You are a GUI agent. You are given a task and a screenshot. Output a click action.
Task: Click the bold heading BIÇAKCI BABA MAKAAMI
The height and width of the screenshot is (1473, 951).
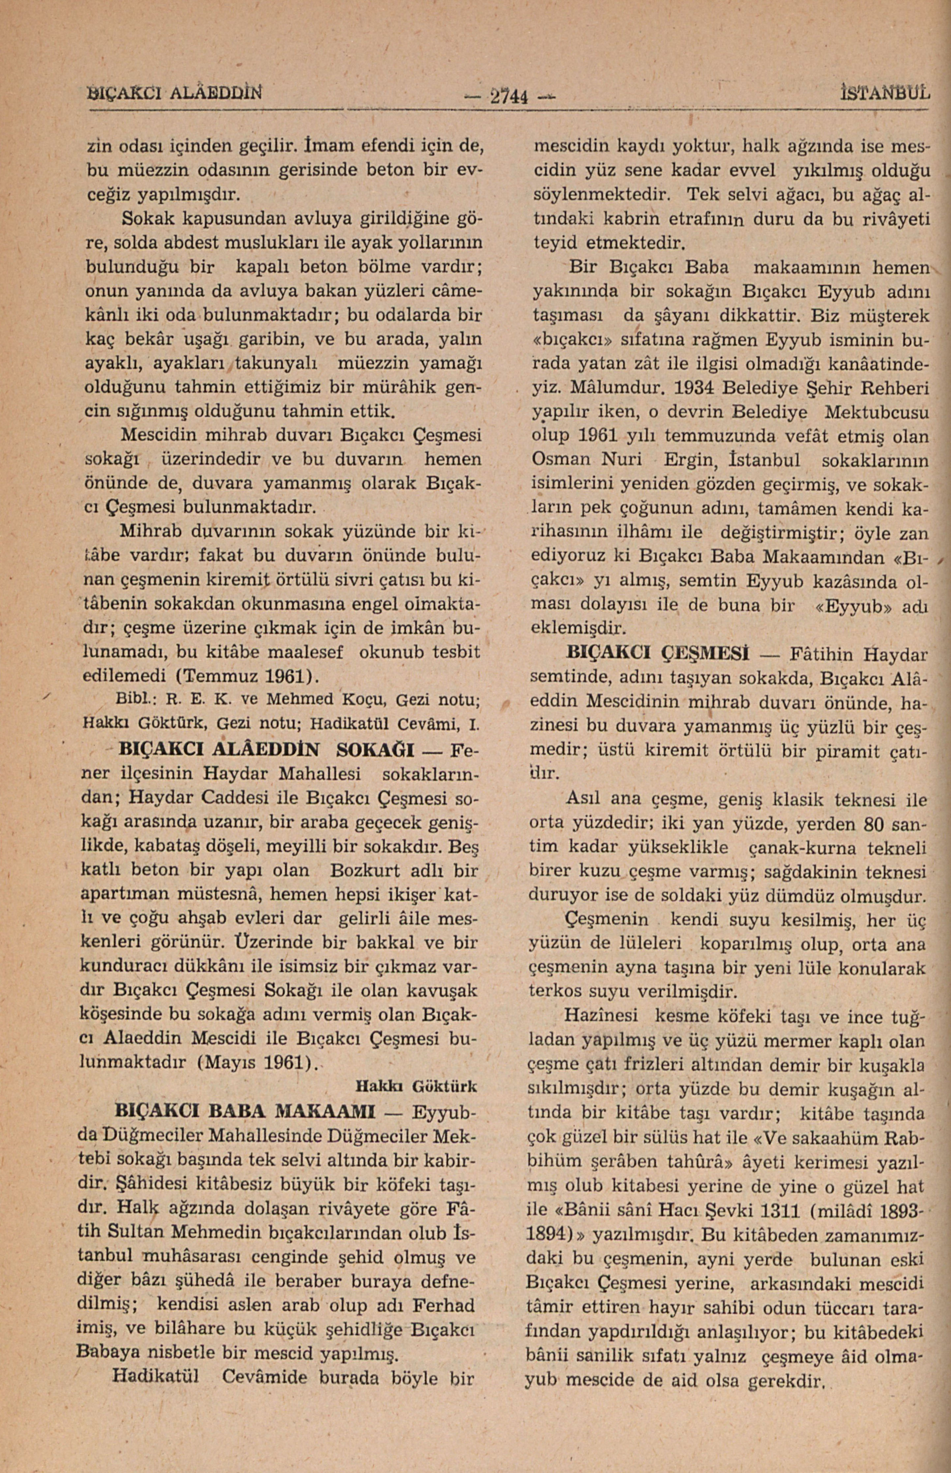pos(246,1111)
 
